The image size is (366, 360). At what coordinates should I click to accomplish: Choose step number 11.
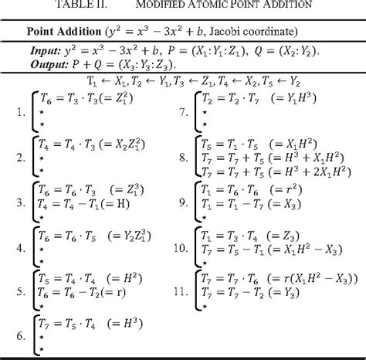[179, 294]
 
